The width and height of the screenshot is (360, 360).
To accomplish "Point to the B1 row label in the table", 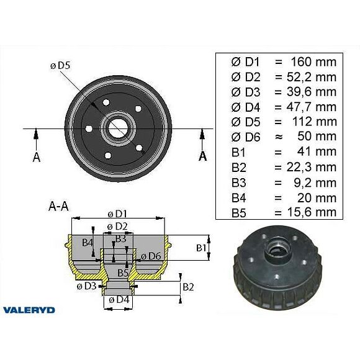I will [x=238, y=152].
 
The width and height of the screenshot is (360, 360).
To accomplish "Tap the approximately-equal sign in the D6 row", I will [x=278, y=137].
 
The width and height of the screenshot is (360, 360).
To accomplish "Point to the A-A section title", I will [x=58, y=206].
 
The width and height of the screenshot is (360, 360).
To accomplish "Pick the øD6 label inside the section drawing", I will [x=150, y=256].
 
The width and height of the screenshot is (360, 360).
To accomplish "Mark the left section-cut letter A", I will [x=37, y=156].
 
